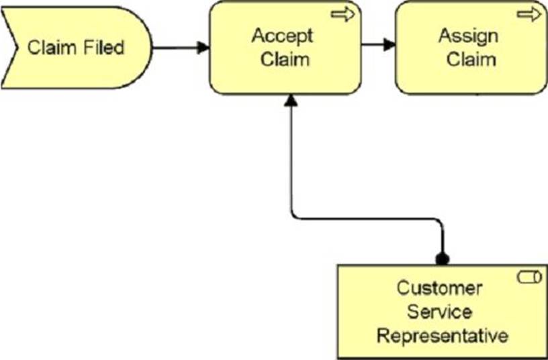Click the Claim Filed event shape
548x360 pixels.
point(77,48)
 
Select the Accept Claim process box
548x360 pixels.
point(285,48)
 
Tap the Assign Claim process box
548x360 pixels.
point(471,48)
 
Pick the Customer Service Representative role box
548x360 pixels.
point(443,312)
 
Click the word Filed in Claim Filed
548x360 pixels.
point(104,48)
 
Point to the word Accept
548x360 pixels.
point(282,36)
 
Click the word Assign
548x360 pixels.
point(468,36)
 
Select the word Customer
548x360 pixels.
point(440,288)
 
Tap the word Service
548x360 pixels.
point(440,312)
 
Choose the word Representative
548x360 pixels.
point(443,336)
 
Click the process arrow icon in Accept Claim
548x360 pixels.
point(343,15)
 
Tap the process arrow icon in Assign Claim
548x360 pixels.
point(529,15)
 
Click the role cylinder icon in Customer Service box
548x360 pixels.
point(529,277)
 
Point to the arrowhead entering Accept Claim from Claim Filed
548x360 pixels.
point(203,48)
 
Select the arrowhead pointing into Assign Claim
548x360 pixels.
point(390,45)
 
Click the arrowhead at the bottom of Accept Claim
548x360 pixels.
point(291,100)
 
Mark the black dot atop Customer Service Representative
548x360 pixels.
point(443,259)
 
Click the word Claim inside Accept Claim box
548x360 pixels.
point(285,59)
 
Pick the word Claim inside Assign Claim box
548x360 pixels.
point(471,59)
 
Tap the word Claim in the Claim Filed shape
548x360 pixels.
point(54,48)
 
